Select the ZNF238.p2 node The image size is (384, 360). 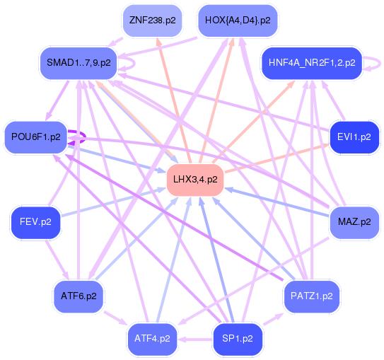151,21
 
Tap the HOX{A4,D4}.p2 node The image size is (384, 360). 238,21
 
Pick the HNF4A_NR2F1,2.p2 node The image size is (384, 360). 312,63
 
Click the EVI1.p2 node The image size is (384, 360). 354,137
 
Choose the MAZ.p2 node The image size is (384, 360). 354,222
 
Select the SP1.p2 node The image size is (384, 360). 238,339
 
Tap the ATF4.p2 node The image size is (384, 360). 152,339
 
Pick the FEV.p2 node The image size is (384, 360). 35,222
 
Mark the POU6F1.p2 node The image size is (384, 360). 35,137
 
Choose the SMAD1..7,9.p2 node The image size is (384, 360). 78,63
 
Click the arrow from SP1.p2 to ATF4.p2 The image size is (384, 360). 195,339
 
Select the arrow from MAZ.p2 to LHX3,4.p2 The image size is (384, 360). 276,202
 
